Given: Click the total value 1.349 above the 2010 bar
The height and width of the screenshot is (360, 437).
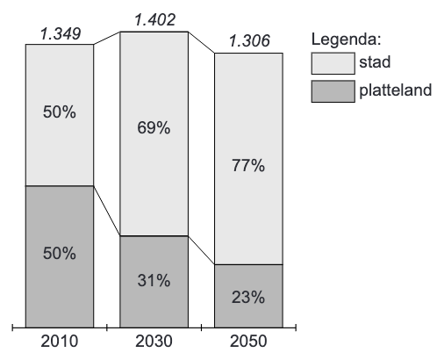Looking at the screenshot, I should (x=59, y=34).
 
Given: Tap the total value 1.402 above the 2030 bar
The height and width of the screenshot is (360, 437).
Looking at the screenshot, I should (x=154, y=17).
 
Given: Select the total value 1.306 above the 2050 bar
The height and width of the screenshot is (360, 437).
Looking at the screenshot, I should (x=248, y=41).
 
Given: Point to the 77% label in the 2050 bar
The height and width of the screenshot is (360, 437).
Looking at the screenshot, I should (x=248, y=167).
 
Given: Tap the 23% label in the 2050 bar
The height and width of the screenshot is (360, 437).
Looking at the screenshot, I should (x=248, y=296).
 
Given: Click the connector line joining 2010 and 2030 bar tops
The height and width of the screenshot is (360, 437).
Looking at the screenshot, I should (x=106, y=38).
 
